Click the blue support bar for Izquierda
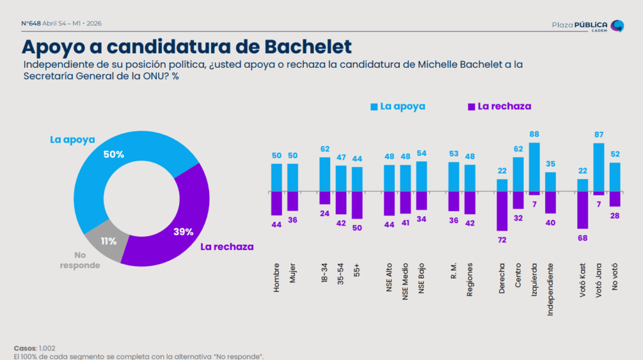pyautogui.click(x=534, y=166)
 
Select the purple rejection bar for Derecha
pyautogui.click(x=502, y=211)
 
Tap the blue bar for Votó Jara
pyautogui.click(x=599, y=167)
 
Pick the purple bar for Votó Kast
pyautogui.click(x=583, y=210)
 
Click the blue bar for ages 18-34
pyautogui.click(x=325, y=174)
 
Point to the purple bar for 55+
pyautogui.click(x=357, y=205)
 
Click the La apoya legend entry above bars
pyautogui.click(x=398, y=106)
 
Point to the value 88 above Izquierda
pyautogui.click(x=534, y=134)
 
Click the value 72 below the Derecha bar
pyautogui.click(x=502, y=239)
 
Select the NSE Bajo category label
pyautogui.click(x=421, y=276)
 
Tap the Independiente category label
pyautogui.click(x=551, y=288)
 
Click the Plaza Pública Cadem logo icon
pyautogui.click(x=617, y=25)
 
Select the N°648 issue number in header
pyautogui.click(x=31, y=23)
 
